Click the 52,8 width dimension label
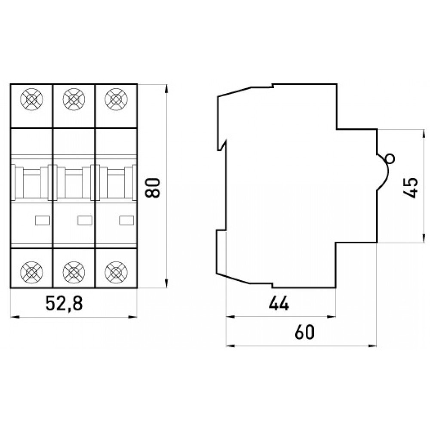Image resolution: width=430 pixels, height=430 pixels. (64, 304)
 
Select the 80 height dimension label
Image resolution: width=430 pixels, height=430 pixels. (153, 187)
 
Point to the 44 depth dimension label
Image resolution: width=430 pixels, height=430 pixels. (279, 304)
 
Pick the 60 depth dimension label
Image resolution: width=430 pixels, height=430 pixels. (304, 332)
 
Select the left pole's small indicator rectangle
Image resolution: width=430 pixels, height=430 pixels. (42, 220)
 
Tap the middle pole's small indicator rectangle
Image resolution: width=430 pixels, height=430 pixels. (84, 220)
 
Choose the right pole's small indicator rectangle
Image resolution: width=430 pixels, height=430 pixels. (126, 220)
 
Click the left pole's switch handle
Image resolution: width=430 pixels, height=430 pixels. (31, 183)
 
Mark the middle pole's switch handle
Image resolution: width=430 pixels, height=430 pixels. (73, 183)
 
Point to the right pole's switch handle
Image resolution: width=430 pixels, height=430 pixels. (115, 183)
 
